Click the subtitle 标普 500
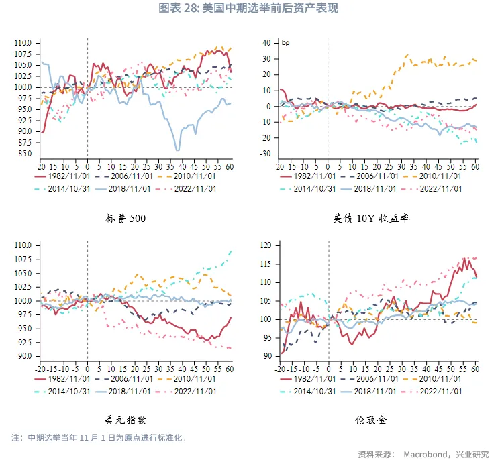pos(126,219)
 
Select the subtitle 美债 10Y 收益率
pos(371,219)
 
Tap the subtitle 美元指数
pos(126,420)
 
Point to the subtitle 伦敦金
pos(371,420)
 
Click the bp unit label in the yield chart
pos(285,43)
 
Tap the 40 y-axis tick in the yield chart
pos(266,43)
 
